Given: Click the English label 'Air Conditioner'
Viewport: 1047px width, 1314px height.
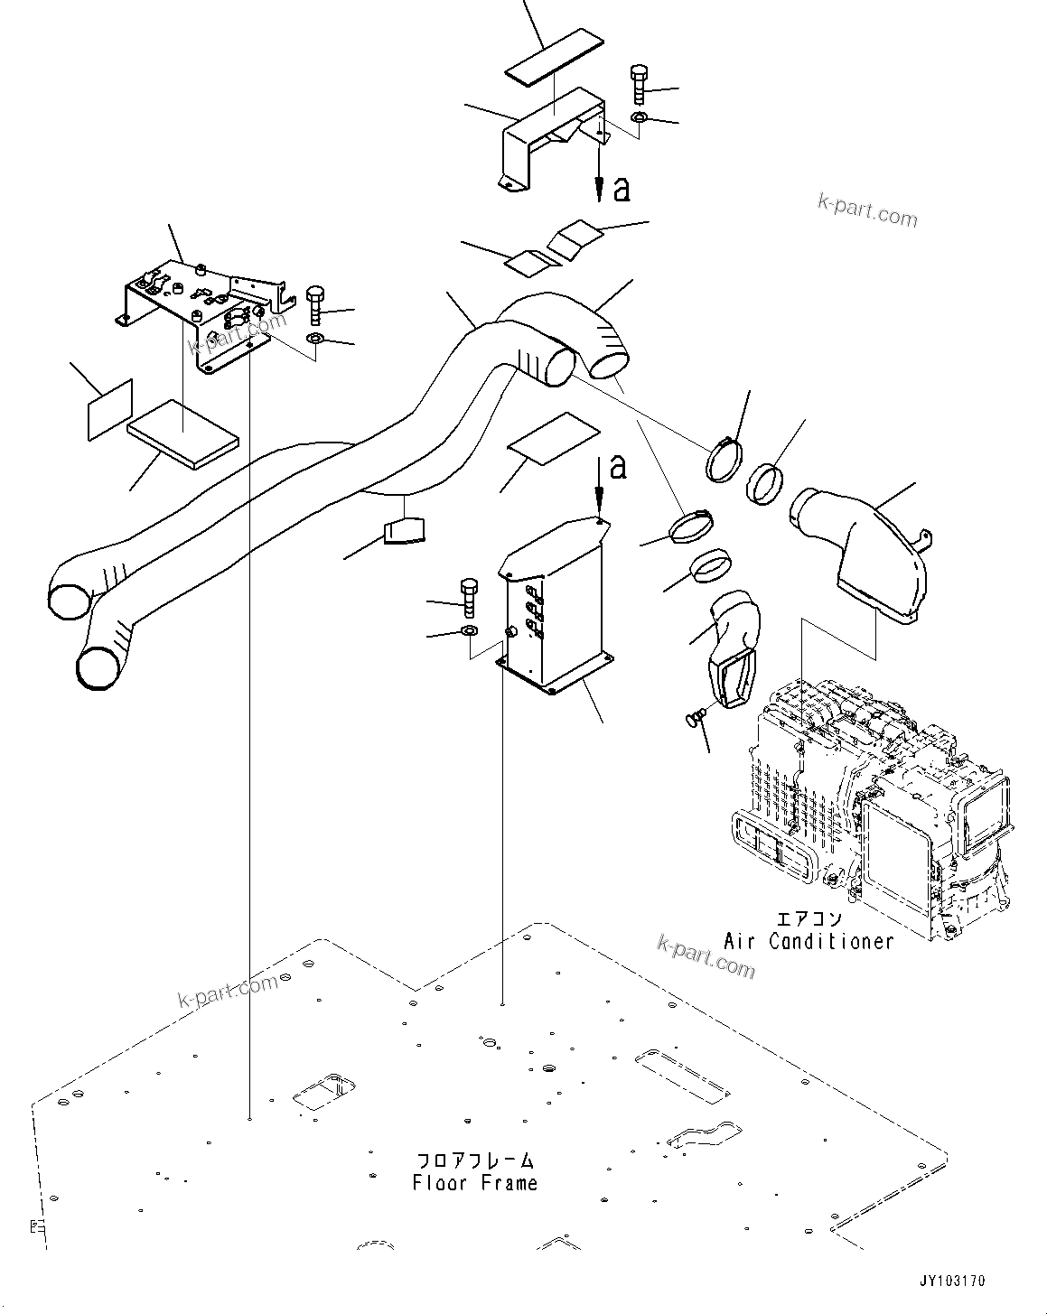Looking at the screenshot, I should [x=809, y=941].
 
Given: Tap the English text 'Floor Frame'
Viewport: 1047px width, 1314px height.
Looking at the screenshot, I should [x=474, y=1183].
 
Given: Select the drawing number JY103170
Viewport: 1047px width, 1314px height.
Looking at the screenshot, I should [x=952, y=1281].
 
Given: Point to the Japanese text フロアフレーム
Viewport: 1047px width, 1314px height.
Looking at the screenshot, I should [x=474, y=1160].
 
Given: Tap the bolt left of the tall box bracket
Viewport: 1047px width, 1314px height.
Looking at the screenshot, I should [x=468, y=595].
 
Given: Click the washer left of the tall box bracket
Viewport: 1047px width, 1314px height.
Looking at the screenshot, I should [x=469, y=629].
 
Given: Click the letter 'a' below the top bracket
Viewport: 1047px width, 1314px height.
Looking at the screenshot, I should [x=621, y=189].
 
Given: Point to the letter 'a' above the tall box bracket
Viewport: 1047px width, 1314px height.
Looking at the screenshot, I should [x=617, y=467].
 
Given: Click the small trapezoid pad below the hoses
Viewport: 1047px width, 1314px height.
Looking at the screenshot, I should [x=403, y=530].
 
